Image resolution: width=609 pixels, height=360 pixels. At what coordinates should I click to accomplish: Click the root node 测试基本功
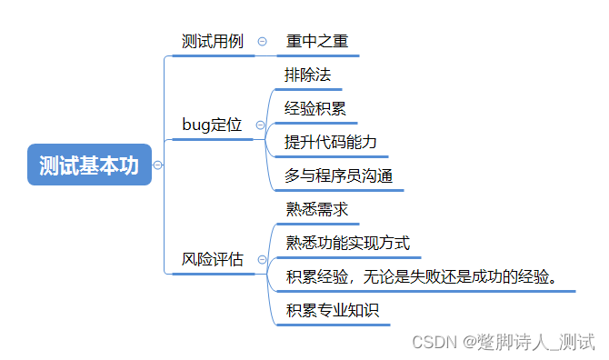[x=89, y=165]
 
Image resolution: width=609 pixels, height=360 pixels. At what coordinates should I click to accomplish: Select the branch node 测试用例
[x=213, y=42]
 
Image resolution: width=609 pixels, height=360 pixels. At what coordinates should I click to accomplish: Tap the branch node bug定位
[x=212, y=125]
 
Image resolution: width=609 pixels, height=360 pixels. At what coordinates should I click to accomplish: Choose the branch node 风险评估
[x=213, y=260]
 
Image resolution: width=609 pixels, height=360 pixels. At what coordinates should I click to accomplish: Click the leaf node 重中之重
[x=317, y=42]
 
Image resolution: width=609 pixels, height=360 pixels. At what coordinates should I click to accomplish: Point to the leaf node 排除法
[x=307, y=75]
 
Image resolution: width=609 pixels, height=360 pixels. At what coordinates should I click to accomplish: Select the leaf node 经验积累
[x=314, y=109]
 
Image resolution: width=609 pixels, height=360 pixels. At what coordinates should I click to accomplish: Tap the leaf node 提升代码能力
[x=330, y=143]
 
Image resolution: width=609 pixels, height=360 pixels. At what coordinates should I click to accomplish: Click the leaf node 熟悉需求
[x=316, y=209]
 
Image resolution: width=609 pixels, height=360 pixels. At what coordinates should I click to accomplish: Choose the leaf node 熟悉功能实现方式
[x=348, y=243]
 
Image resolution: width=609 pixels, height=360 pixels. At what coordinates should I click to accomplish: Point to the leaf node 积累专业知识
[x=332, y=310]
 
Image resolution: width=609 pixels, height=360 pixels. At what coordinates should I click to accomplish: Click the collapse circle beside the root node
[x=158, y=165]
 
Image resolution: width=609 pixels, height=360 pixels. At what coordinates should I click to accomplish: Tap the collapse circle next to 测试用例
[x=262, y=42]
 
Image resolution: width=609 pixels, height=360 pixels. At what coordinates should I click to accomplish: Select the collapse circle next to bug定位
[x=261, y=125]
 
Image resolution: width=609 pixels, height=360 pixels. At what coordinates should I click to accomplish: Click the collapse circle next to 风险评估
[x=262, y=260]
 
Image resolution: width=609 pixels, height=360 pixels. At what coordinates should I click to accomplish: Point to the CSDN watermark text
[x=503, y=342]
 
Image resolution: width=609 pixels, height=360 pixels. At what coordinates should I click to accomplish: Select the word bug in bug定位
[x=196, y=125]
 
